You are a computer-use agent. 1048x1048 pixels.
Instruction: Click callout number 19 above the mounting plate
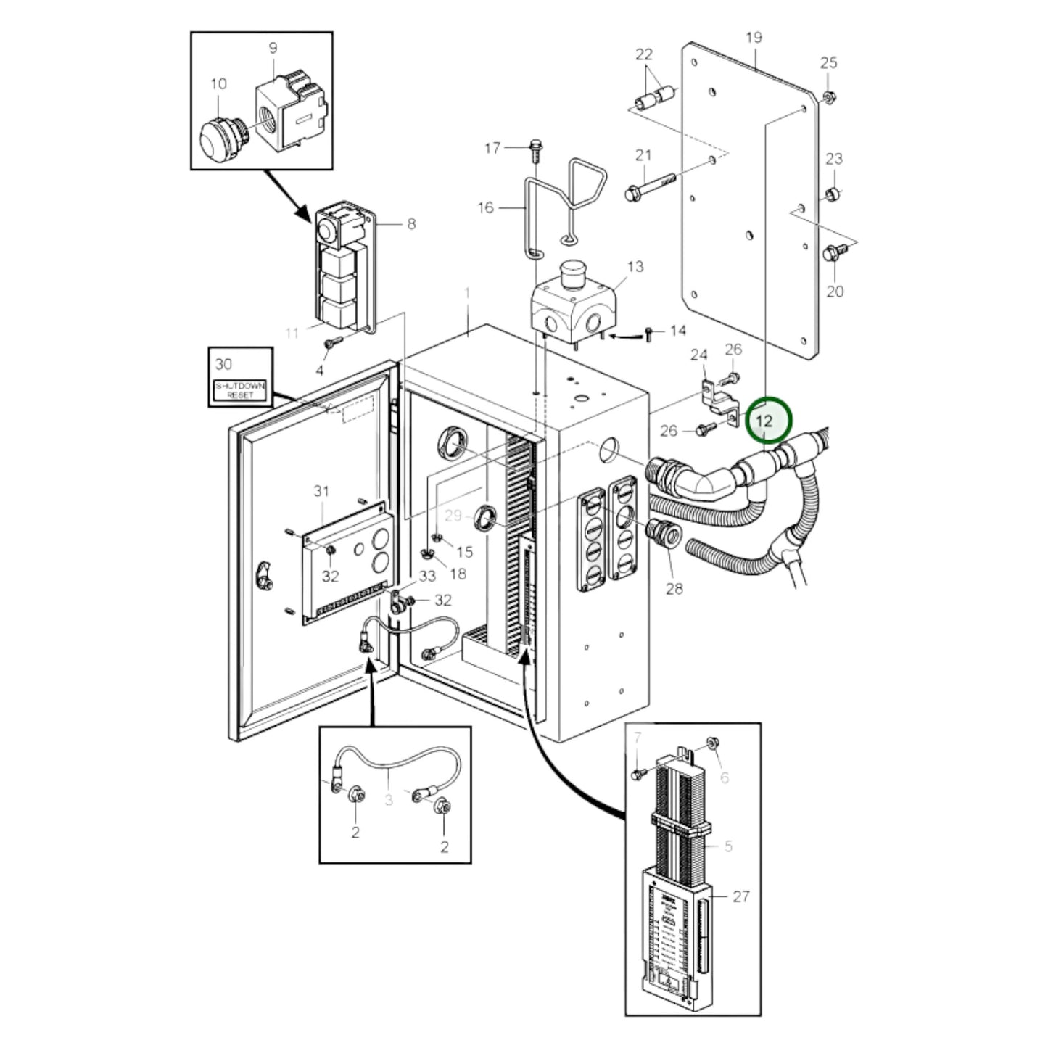coord(754,38)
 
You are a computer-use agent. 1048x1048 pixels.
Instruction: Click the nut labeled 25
coord(829,96)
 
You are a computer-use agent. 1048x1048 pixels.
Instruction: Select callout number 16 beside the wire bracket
coord(485,208)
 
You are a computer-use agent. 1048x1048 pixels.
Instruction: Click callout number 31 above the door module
coord(321,492)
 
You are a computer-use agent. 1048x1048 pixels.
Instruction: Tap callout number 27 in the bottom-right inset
coord(740,896)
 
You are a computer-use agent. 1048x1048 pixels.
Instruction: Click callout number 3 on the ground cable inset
coord(389,800)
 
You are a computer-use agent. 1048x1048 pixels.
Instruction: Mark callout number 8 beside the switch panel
coord(411,224)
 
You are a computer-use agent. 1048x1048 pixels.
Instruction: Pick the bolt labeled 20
coord(833,253)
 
